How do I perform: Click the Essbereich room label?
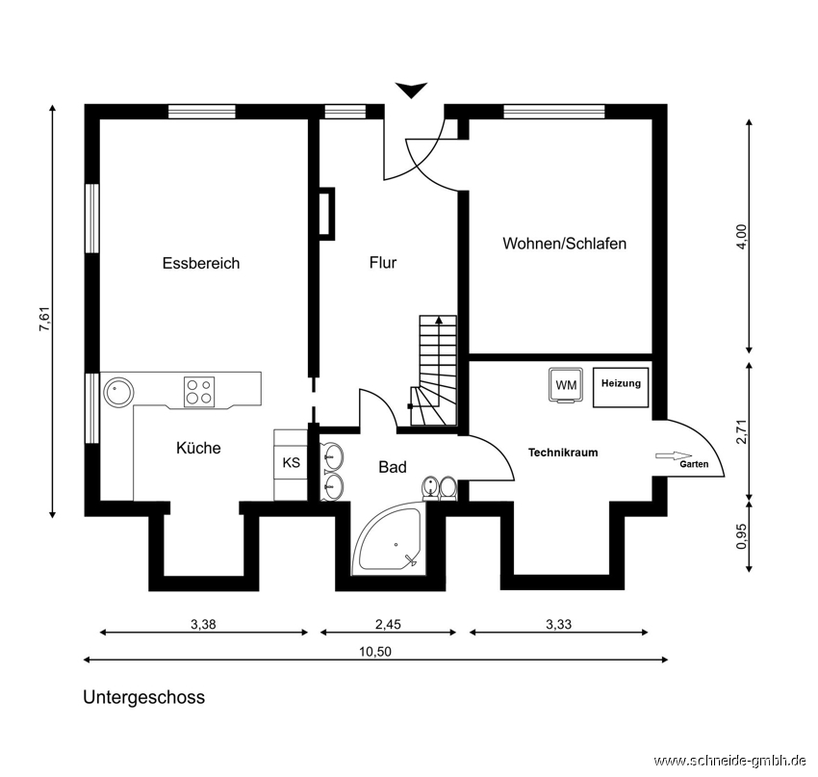pos(201,263)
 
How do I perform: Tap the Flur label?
pos(383,262)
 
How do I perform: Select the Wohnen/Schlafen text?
pos(565,244)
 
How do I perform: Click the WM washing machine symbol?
pos(567,385)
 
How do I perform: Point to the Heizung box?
pos(621,387)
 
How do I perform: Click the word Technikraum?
pos(563,453)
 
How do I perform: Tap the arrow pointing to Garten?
pos(674,455)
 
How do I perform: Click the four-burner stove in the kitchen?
pos(199,391)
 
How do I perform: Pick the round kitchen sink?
pos(118,392)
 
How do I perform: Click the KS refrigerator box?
pos(291,462)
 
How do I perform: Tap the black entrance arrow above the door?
pos(411,91)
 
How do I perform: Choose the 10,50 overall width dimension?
pos(375,652)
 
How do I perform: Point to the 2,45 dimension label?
pos(388,624)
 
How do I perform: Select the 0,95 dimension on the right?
pos(741,536)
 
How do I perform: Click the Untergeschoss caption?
pos(144,697)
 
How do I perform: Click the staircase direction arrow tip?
pos(439,318)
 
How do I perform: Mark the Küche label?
pos(198,448)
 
